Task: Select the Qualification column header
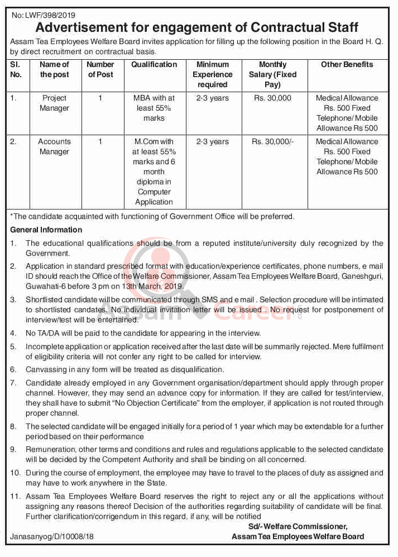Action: coord(154,65)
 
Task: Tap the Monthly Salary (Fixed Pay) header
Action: coord(273,74)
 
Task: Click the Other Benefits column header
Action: coord(347,65)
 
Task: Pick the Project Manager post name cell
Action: coord(54,103)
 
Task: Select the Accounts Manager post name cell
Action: coord(54,146)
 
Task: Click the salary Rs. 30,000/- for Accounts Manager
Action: coord(272,142)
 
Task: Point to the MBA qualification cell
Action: coord(154,108)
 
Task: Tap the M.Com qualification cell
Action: coord(154,172)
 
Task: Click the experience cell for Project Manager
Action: coord(212,98)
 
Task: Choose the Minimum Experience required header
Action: coord(212,74)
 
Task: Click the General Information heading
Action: coord(46,230)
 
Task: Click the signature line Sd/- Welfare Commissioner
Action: coord(298,526)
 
